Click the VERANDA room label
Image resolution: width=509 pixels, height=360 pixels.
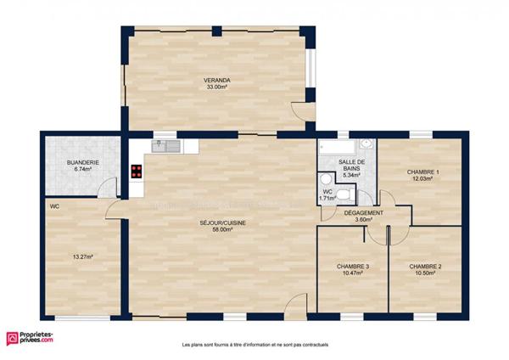216,80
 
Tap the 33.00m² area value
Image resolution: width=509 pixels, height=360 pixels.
216,87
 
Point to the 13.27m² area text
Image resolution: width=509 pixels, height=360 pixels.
82,256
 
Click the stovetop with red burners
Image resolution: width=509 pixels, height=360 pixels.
136,170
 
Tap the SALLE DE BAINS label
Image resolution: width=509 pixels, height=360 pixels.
351,165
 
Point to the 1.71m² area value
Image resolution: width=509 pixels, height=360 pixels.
326,198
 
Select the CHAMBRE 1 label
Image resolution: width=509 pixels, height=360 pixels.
421,172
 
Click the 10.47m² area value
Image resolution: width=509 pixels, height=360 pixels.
353,273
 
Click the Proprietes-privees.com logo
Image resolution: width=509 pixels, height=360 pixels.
30,337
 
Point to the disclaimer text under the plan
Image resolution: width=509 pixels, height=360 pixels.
255,345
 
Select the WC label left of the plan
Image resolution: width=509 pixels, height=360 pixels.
54,206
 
